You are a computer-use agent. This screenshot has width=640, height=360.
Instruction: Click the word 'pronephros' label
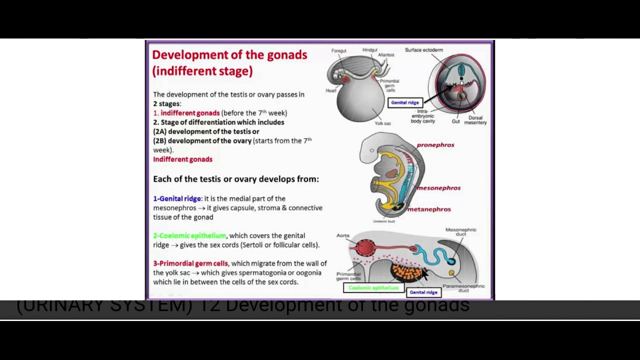click(435, 145)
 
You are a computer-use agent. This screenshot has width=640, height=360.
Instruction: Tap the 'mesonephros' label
click(438, 188)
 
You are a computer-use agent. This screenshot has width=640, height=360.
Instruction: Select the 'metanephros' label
click(429, 209)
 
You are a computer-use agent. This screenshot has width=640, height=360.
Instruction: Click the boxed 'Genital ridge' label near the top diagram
click(405, 102)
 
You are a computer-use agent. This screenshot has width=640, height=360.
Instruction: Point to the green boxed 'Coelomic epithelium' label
click(373, 288)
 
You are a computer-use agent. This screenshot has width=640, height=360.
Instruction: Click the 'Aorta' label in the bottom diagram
click(342, 235)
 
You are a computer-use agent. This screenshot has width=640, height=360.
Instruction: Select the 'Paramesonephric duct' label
click(463, 288)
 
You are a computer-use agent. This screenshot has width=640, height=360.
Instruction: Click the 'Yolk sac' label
click(382, 123)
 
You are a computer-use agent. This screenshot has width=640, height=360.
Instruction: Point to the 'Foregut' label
click(338, 50)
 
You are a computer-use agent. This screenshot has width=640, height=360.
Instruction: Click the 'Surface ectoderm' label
click(423, 50)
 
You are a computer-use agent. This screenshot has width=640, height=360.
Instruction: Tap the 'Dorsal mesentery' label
click(475, 120)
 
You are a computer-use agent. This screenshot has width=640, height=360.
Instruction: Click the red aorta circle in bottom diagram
click(366, 247)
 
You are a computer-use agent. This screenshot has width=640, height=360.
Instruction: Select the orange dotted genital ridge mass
click(407, 273)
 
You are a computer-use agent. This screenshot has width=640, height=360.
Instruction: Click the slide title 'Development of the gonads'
click(229, 55)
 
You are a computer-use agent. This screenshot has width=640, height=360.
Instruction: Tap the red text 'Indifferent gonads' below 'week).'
click(182, 159)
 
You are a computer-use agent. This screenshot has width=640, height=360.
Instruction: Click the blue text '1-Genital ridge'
click(177, 198)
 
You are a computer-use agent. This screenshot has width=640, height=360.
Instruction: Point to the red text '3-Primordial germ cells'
click(190, 263)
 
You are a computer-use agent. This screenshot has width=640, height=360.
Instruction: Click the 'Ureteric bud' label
click(384, 221)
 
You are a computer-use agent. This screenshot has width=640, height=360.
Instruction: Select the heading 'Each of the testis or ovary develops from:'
click(235, 179)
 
